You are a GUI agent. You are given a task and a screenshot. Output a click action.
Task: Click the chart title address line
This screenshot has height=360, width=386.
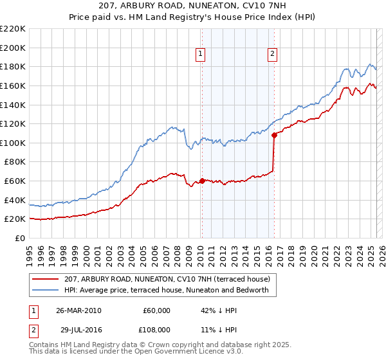193,6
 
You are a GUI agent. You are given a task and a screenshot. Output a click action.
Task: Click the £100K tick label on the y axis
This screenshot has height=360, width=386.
13,143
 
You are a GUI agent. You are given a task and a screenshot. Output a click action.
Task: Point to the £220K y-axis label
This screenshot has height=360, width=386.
13,29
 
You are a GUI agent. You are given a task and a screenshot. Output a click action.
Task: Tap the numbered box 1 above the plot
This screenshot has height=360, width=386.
201,55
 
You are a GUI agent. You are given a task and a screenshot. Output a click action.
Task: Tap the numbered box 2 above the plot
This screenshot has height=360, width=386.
273,55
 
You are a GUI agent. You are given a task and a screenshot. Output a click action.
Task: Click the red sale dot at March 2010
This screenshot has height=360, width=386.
201,181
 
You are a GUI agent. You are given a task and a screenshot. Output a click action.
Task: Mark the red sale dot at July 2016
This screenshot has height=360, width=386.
274,135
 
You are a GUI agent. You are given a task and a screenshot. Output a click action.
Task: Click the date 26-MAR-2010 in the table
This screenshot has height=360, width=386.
78,310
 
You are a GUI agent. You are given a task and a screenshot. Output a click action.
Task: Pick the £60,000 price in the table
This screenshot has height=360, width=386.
156,310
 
